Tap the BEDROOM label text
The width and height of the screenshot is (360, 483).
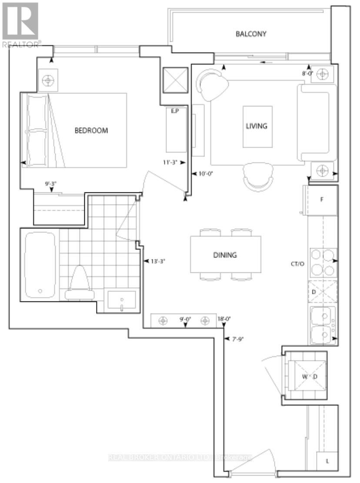(91, 130)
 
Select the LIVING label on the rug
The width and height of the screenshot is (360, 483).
(257, 126)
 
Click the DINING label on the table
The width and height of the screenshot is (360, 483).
(225, 255)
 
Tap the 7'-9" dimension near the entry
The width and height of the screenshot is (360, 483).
(238, 339)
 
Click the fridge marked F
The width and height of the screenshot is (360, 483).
(323, 200)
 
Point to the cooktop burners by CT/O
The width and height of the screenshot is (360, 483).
(323, 263)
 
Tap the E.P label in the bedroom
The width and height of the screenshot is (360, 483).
(175, 111)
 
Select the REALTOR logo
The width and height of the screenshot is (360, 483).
(20, 23)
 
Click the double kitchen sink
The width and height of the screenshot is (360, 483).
(322, 326)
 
